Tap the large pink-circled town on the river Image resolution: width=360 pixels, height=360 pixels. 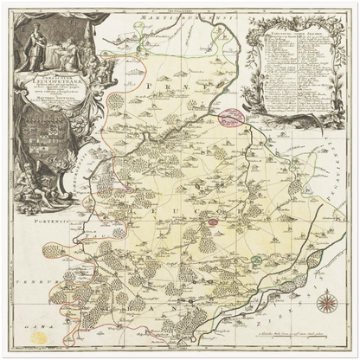point(230,117)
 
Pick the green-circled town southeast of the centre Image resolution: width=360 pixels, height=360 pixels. point(255,257)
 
